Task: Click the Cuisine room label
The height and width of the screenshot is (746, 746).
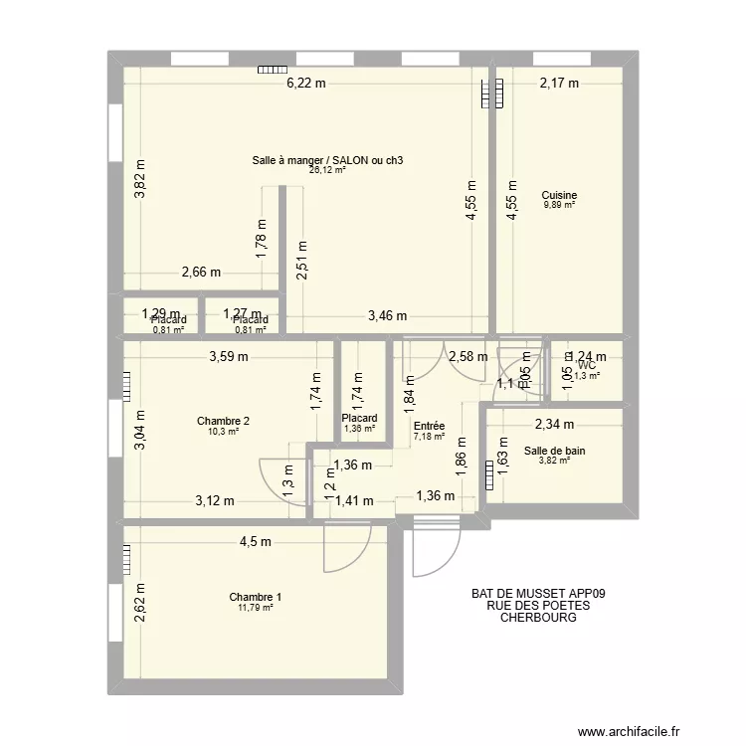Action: [x=560, y=195]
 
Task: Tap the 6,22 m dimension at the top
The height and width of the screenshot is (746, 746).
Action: [x=306, y=84]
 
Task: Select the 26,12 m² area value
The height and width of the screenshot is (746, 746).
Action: [x=327, y=170]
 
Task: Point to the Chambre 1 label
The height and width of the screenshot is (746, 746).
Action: [x=255, y=597]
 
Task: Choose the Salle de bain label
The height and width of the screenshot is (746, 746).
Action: [x=554, y=451]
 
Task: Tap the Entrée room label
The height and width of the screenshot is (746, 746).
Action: [x=428, y=426]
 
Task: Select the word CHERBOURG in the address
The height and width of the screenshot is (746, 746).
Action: [x=539, y=617]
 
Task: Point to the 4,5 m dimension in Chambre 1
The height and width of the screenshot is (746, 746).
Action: [x=256, y=541]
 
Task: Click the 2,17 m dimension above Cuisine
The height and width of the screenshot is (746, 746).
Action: [x=559, y=84]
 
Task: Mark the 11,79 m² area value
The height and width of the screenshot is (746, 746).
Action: [x=255, y=607]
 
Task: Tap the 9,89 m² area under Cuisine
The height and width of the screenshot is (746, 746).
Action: [x=559, y=205]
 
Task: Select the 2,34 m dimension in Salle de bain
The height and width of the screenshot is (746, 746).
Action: [x=555, y=426]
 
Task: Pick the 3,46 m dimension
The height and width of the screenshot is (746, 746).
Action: [x=388, y=316]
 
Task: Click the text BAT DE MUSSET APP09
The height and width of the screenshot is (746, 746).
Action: [x=539, y=593]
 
